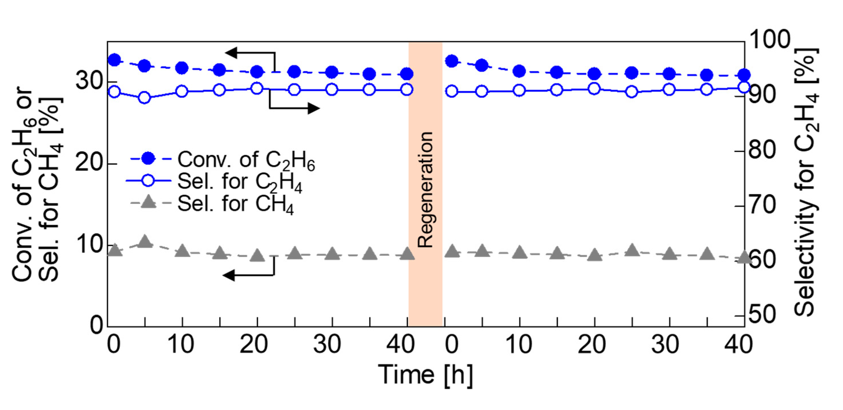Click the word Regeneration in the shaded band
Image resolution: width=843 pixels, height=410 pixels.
click(426, 189)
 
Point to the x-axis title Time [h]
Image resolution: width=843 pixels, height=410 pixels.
click(425, 374)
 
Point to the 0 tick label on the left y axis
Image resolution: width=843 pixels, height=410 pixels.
click(97, 325)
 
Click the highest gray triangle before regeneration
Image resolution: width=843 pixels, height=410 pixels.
click(145, 242)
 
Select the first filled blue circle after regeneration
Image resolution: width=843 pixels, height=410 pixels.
click(452, 61)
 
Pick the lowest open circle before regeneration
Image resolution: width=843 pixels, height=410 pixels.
click(145, 97)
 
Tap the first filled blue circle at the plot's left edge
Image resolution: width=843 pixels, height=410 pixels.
click(114, 60)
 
